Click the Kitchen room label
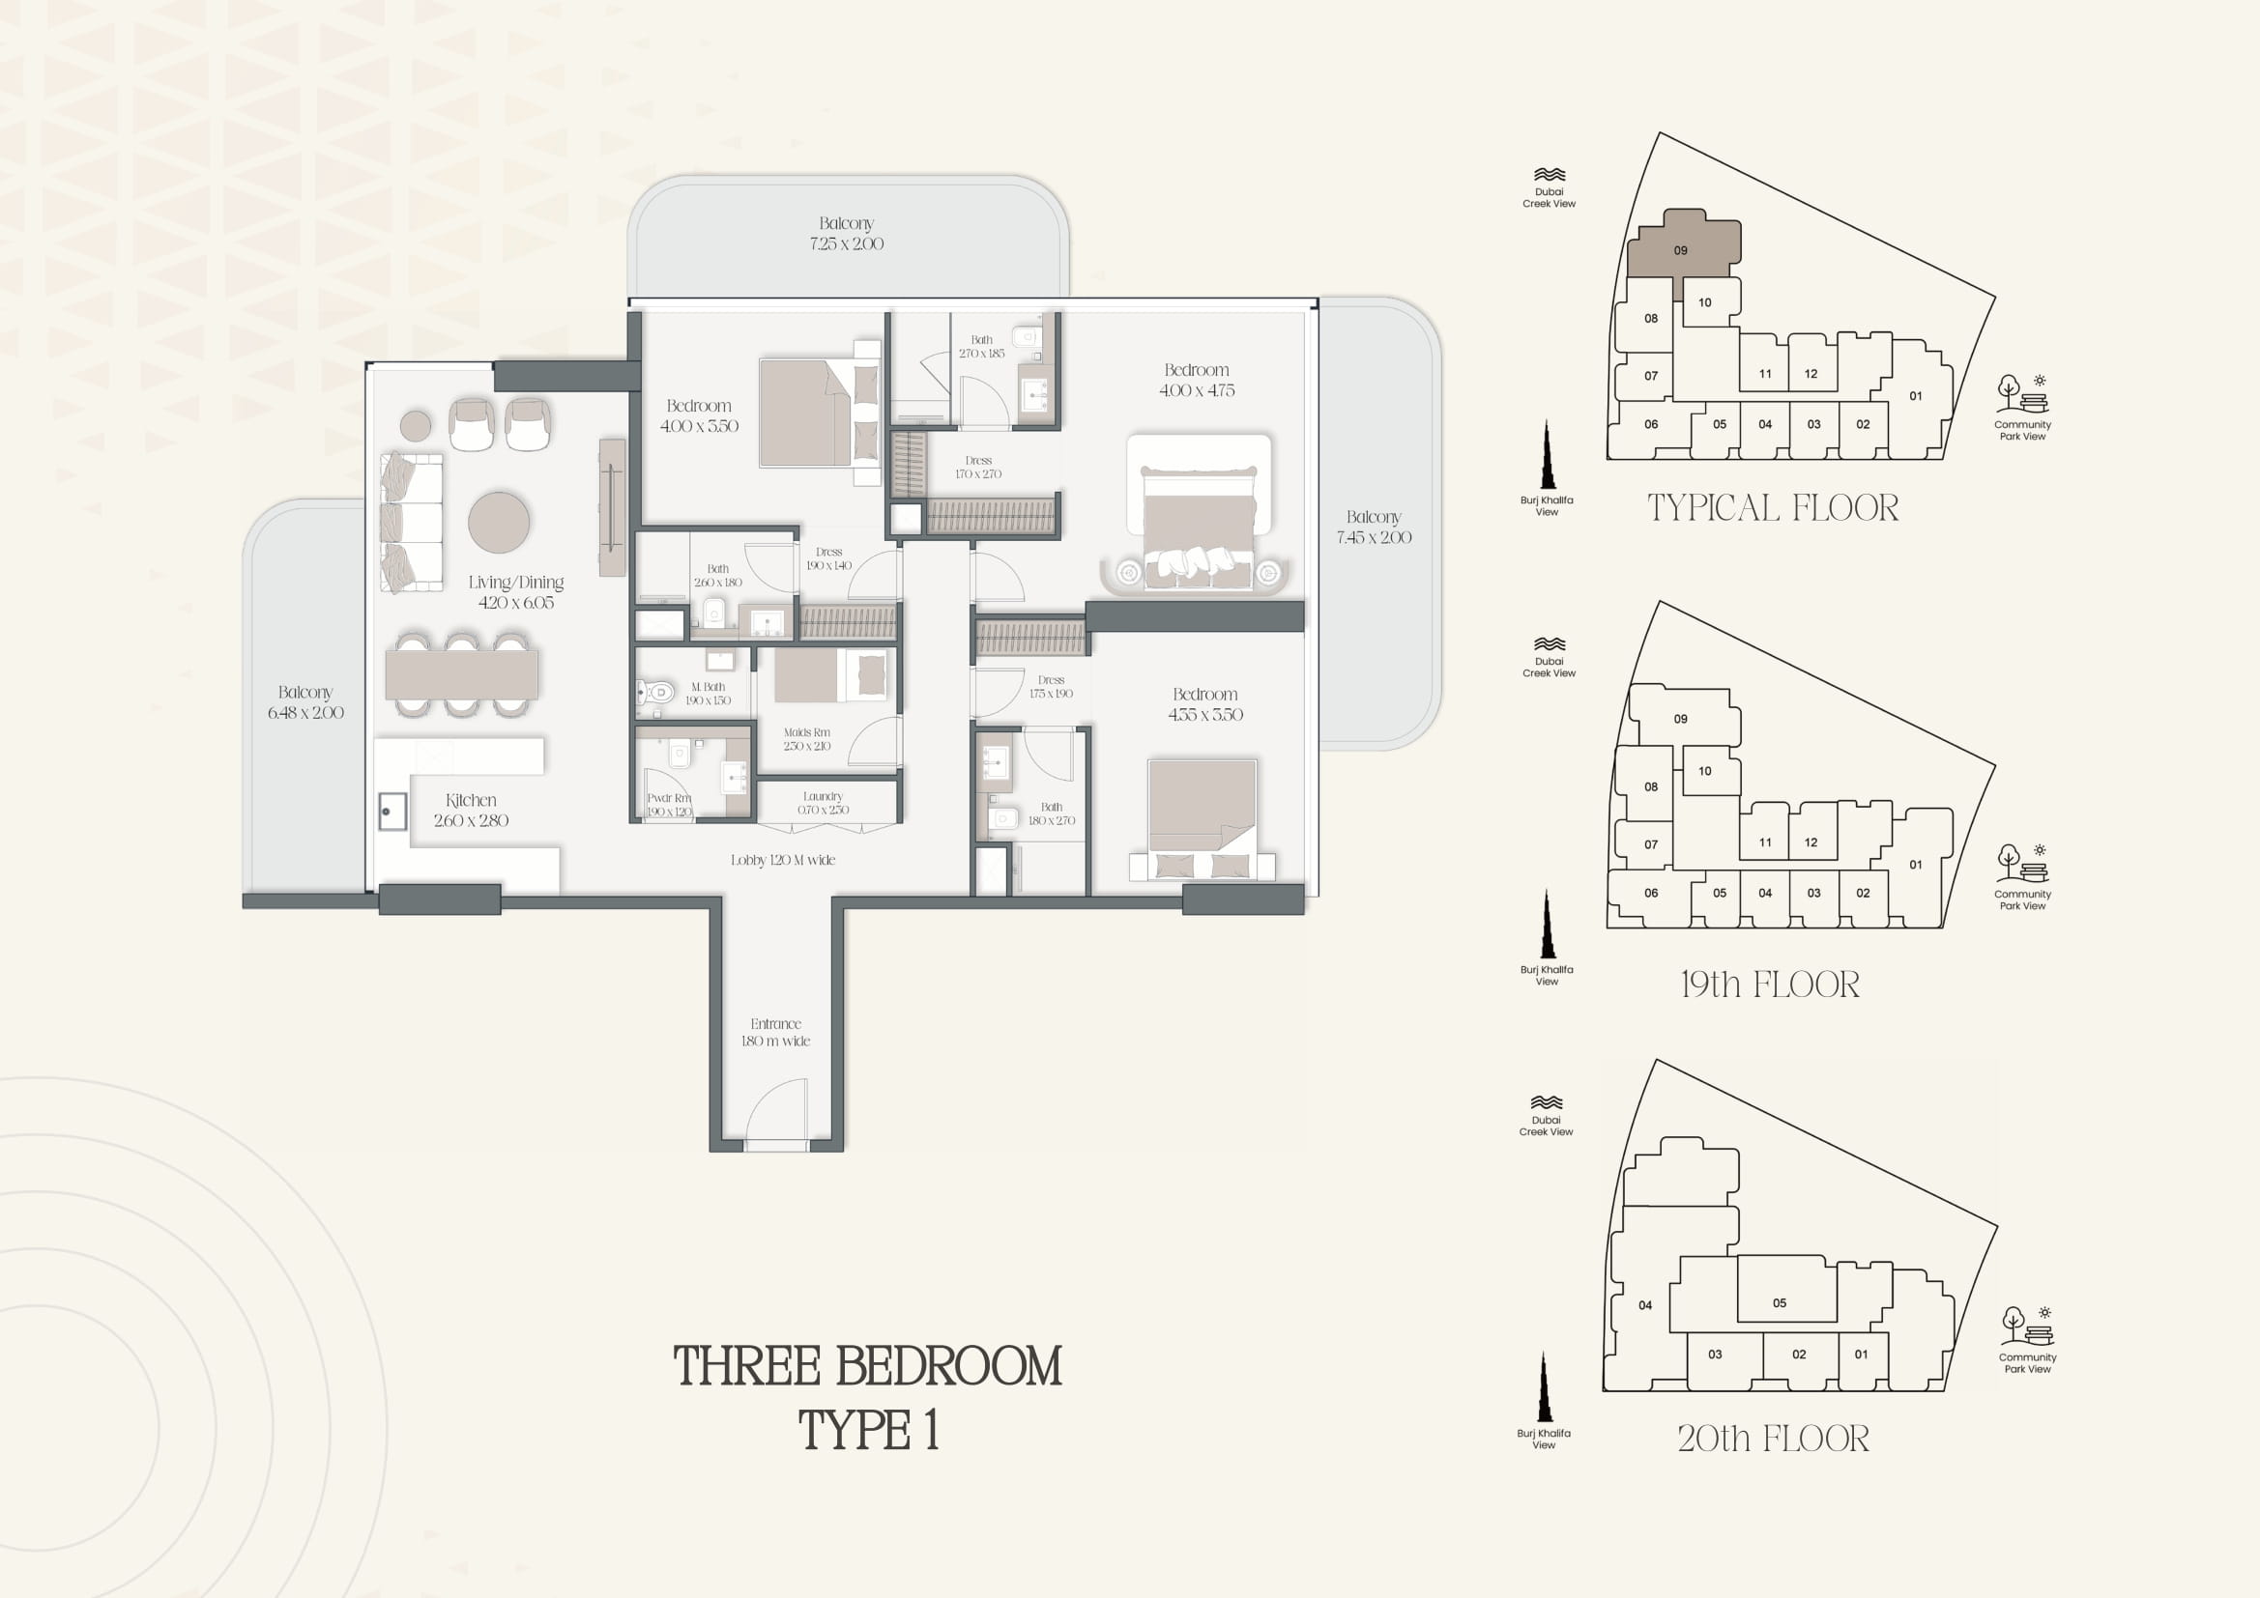471,800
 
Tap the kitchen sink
392,812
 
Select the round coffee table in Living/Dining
499,522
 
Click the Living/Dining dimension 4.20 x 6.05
516,602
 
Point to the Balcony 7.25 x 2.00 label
847,233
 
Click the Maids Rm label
807,732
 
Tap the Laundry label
823,796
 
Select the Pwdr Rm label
669,798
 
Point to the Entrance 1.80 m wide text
775,1032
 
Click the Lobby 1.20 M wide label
783,860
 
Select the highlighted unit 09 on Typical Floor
1682,246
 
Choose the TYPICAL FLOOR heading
1773,508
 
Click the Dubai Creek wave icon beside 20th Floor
1547,1102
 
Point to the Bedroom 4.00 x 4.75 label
1197,380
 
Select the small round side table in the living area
416,426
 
